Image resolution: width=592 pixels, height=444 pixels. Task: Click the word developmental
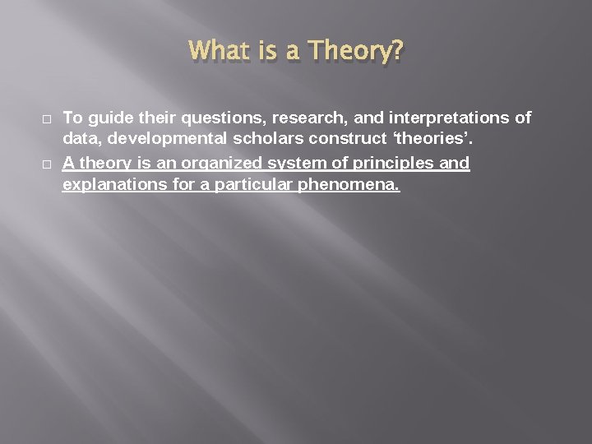tap(157, 141)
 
